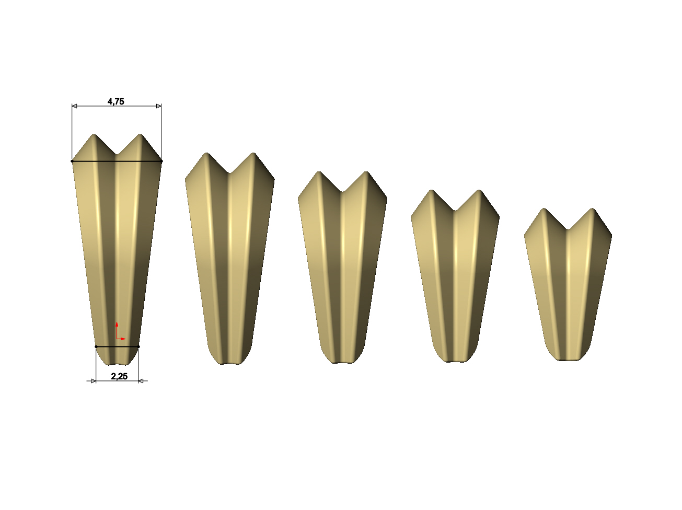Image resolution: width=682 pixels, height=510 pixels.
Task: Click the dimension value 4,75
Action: [115, 101]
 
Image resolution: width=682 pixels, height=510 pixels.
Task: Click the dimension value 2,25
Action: [119, 376]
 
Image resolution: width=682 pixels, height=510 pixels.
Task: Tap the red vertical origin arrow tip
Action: [117, 322]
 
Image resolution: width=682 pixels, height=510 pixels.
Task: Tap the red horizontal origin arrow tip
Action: [125, 339]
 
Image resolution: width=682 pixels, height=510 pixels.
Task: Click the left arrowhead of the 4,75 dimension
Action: [74, 106]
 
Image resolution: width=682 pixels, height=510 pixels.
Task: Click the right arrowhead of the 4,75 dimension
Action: [159, 106]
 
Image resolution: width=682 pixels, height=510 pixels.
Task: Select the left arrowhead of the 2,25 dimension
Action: [94, 381]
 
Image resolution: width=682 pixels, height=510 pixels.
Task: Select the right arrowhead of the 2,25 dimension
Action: [141, 381]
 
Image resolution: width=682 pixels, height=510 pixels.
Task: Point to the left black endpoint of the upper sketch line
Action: [72, 161]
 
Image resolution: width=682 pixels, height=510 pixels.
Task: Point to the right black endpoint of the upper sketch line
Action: [161, 161]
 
